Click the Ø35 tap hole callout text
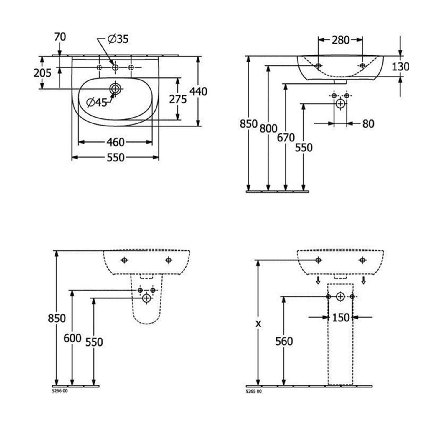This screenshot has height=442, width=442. [118, 39]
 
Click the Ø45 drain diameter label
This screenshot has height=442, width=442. [97, 103]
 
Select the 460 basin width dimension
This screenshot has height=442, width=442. [115, 142]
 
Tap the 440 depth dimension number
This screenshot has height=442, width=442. [198, 91]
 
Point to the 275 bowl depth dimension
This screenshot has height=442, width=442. [178, 99]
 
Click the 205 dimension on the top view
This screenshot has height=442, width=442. [42, 72]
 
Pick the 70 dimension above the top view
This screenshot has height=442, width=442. [60, 37]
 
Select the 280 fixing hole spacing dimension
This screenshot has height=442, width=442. [341, 40]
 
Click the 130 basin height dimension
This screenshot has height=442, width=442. [400, 67]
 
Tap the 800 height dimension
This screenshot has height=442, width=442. [268, 128]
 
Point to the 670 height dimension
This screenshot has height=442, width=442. [286, 138]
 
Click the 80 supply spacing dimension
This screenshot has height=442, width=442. [368, 124]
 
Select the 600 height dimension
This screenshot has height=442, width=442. [72, 338]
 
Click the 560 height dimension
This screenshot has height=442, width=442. [284, 341]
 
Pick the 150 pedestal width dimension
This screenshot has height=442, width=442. [341, 318]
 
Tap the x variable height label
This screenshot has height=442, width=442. [258, 324]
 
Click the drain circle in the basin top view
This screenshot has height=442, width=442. [115, 88]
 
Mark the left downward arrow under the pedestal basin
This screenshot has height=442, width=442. [318, 280]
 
